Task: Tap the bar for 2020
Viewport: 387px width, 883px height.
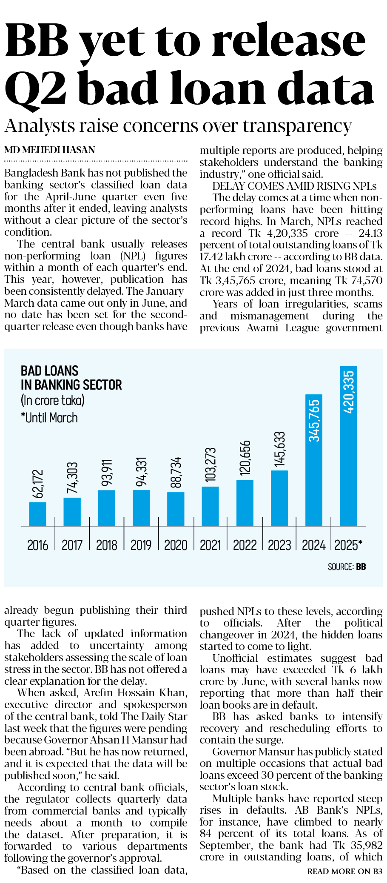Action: pyautogui.click(x=176, y=509)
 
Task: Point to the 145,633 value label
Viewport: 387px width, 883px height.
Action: pyautogui.click(x=279, y=449)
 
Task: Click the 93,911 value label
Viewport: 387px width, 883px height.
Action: pyautogui.click(x=107, y=472)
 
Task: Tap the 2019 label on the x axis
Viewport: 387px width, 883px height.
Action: pyautogui.click(x=141, y=545)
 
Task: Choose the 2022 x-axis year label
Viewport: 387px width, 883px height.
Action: pyautogui.click(x=245, y=545)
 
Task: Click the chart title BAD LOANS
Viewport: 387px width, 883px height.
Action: pyautogui.click(x=50, y=370)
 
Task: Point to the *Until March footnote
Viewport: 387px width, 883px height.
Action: pyautogui.click(x=49, y=418)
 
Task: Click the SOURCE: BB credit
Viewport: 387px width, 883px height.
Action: pyautogui.click(x=347, y=567)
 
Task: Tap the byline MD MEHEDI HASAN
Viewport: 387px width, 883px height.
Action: pyautogui.click(x=50, y=150)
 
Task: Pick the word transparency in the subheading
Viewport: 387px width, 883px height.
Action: pyautogui.click(x=297, y=126)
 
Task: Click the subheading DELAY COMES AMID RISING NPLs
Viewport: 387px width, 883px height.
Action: pyautogui.click(x=294, y=186)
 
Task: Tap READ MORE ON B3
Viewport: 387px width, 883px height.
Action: pyautogui.click(x=344, y=871)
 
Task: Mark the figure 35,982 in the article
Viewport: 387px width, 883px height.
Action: pyautogui.click(x=367, y=845)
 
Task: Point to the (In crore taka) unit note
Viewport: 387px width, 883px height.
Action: pyautogui.click(x=53, y=400)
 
